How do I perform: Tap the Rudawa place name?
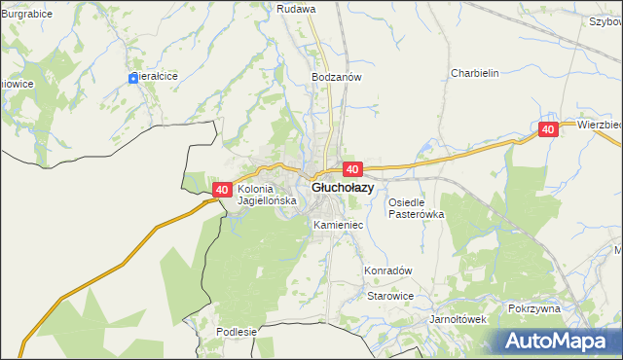coord(296,9)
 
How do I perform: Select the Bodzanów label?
coord(337,76)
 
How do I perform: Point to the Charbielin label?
coord(474,73)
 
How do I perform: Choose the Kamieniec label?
coord(338,225)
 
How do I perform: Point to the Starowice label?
coord(390,296)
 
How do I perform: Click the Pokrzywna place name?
coord(534,307)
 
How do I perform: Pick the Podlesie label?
coord(237,332)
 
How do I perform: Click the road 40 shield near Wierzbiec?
coord(548,129)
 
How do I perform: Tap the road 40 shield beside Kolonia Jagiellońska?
coord(221,190)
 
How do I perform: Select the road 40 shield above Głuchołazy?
coord(352,168)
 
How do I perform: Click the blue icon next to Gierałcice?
coord(133,78)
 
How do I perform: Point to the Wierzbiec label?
coord(599,126)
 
